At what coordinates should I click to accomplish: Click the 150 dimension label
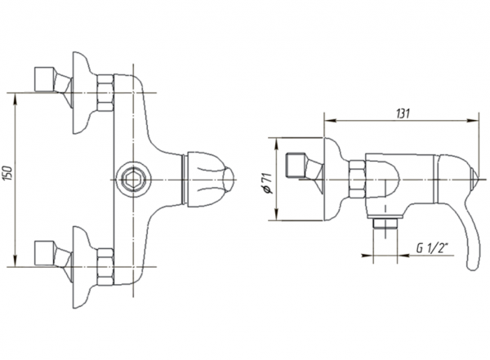click(8, 173)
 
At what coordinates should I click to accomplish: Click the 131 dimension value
click(403, 113)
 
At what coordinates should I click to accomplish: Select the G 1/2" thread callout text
click(433, 248)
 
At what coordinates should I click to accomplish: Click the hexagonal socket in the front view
click(133, 180)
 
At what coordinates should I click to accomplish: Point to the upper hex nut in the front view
click(105, 92)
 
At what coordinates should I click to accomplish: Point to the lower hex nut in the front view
click(105, 267)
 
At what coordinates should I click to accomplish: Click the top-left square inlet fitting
click(45, 79)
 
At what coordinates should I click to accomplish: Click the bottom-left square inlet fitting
click(45, 253)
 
